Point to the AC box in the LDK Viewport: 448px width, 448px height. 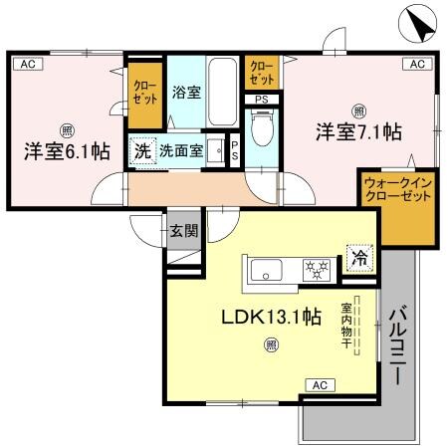[x=320, y=384]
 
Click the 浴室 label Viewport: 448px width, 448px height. [x=186, y=95]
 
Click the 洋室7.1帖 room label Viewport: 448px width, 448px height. [x=359, y=131]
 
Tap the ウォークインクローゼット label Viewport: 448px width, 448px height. [x=396, y=190]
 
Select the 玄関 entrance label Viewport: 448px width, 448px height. [x=183, y=230]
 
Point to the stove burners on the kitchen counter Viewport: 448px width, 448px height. [x=316, y=268]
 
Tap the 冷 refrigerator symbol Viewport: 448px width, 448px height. [x=360, y=259]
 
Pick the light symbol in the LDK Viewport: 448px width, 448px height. [x=270, y=345]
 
